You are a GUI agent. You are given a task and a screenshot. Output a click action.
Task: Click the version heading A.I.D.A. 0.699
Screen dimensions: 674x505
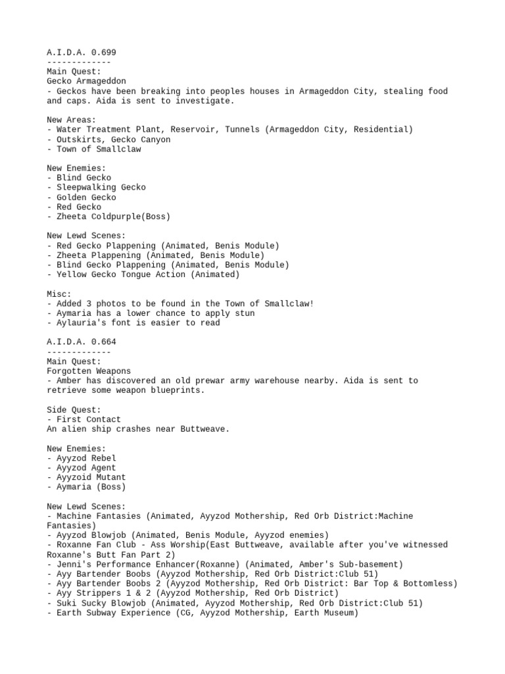tap(82, 52)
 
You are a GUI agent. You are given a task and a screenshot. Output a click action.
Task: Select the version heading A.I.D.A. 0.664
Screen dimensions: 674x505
tap(82, 342)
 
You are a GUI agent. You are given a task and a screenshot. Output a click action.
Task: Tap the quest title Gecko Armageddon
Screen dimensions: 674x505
tap(86, 82)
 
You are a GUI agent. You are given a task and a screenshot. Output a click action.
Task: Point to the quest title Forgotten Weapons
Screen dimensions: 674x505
tap(89, 371)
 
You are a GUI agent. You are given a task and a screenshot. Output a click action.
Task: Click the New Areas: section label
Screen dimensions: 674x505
tap(72, 120)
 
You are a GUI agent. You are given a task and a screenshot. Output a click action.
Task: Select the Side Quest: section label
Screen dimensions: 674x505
tap(74, 410)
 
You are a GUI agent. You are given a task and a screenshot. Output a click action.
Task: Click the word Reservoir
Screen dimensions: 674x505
tap(197, 130)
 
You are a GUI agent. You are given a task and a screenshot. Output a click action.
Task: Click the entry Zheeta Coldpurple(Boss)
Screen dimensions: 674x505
tap(113, 217)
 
